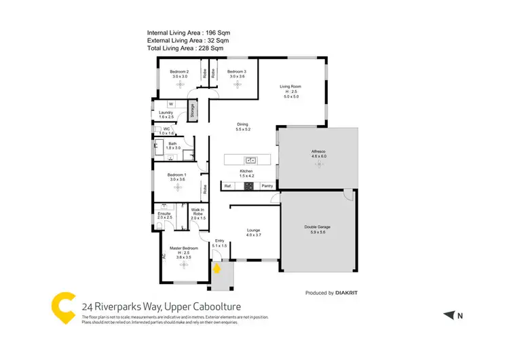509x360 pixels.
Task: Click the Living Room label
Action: pyautogui.click(x=290, y=86)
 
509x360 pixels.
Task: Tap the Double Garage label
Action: pyautogui.click(x=318, y=227)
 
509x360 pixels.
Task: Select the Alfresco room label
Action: pyautogui.click(x=319, y=151)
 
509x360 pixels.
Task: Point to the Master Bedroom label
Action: pyautogui.click(x=183, y=249)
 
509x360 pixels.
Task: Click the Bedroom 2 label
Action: pyautogui.click(x=179, y=71)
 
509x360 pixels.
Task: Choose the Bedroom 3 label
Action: pyautogui.click(x=236, y=71)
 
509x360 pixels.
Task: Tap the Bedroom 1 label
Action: pyautogui.click(x=177, y=175)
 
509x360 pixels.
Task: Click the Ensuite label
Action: pyautogui.click(x=165, y=213)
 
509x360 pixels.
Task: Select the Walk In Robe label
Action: pyautogui.click(x=198, y=212)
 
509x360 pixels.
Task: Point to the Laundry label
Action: pyautogui.click(x=166, y=113)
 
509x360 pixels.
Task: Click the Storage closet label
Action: pyautogui.click(x=192, y=109)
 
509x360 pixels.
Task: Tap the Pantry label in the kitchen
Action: pyautogui.click(x=267, y=185)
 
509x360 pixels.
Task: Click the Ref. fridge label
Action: pyautogui.click(x=229, y=185)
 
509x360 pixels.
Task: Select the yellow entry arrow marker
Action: pyautogui.click(x=217, y=268)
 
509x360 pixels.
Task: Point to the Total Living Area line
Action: pyautogui.click(x=185, y=48)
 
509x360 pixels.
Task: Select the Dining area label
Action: pyautogui.click(x=242, y=124)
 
